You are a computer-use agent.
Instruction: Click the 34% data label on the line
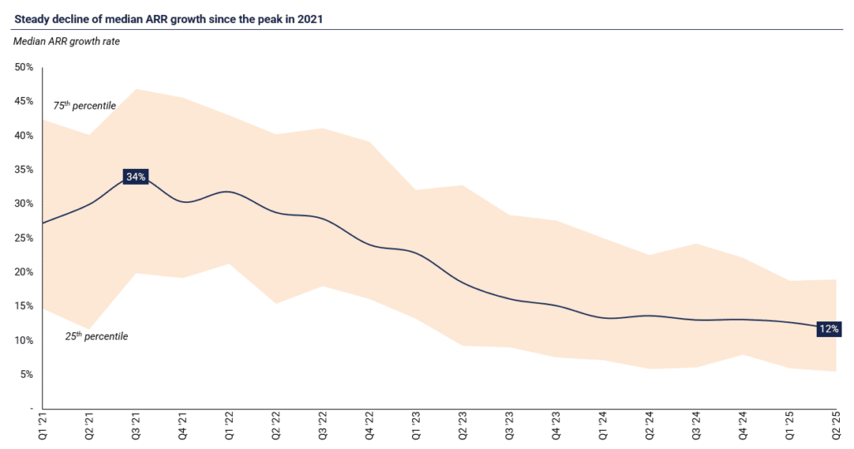(135, 176)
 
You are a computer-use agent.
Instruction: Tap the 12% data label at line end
(828, 329)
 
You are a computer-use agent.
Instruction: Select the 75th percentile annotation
(85, 106)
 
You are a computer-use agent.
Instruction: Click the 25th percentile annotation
(96, 336)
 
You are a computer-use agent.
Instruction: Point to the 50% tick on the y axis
(24, 67)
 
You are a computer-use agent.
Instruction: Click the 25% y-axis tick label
(24, 238)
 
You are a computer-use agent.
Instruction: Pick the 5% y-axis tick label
(27, 374)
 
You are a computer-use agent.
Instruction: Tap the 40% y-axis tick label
(24, 136)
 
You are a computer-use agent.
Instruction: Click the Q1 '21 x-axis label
(41, 427)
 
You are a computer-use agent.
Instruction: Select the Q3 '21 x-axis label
(135, 427)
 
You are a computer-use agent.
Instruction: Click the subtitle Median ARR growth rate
(67, 40)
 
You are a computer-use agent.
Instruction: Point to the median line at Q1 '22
(228, 191)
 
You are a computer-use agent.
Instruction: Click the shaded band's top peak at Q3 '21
(135, 89)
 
